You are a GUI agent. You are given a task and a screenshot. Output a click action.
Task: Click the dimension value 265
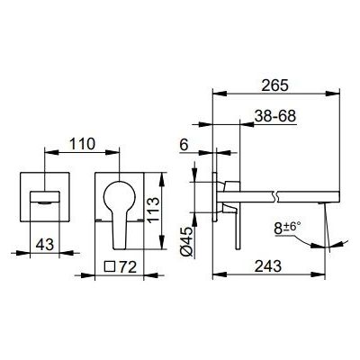[x=274, y=85]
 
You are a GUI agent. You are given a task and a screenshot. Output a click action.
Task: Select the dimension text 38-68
[x=275, y=116]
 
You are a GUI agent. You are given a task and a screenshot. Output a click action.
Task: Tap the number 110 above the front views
[x=82, y=144]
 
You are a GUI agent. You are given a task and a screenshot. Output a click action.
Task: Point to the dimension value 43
[x=44, y=245]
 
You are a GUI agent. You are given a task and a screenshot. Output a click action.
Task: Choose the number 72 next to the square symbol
[x=128, y=267]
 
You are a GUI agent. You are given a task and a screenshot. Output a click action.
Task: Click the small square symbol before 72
[x=110, y=266]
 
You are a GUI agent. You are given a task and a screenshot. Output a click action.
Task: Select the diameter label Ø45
[x=186, y=241]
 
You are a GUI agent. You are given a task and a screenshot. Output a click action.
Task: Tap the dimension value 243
[x=268, y=266]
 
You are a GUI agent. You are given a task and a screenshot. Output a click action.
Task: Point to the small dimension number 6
[x=184, y=145]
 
